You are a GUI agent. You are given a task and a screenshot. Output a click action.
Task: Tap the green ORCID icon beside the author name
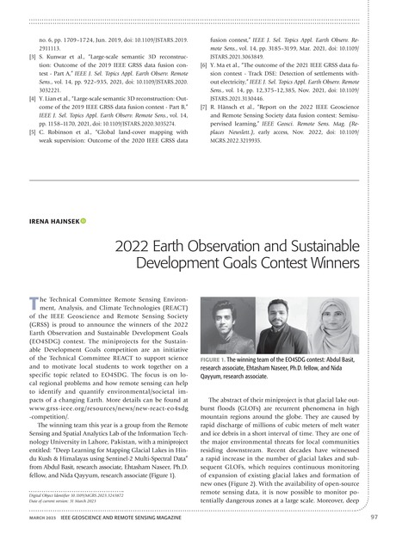(x=84, y=200)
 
